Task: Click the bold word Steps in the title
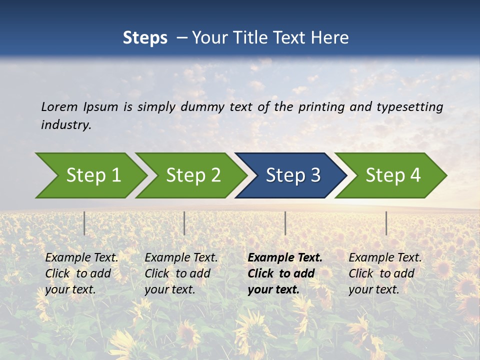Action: [145, 38]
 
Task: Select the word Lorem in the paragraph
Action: [59, 107]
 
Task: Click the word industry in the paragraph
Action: [65, 125]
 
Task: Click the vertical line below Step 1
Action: [84, 223]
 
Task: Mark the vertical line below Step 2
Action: [184, 223]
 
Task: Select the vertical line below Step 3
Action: [285, 223]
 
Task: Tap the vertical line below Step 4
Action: [386, 223]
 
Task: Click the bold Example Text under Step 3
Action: [285, 258]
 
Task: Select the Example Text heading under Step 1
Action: [81, 258]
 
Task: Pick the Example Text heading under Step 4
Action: [385, 258]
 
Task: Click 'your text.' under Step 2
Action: [169, 289]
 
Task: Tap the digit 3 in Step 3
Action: [315, 175]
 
